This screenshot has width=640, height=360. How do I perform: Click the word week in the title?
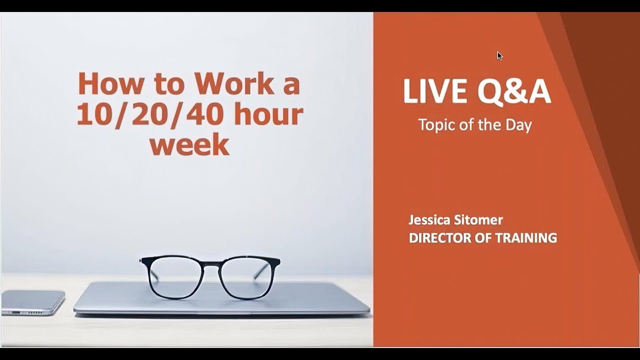(x=189, y=144)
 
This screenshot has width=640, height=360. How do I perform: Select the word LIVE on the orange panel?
(x=430, y=92)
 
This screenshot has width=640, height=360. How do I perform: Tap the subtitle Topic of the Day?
(x=474, y=124)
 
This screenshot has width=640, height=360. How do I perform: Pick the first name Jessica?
(x=429, y=220)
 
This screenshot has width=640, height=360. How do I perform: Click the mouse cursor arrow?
(x=499, y=55)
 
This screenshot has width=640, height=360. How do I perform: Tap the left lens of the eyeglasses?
(x=172, y=278)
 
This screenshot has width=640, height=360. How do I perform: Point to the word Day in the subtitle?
(x=518, y=124)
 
